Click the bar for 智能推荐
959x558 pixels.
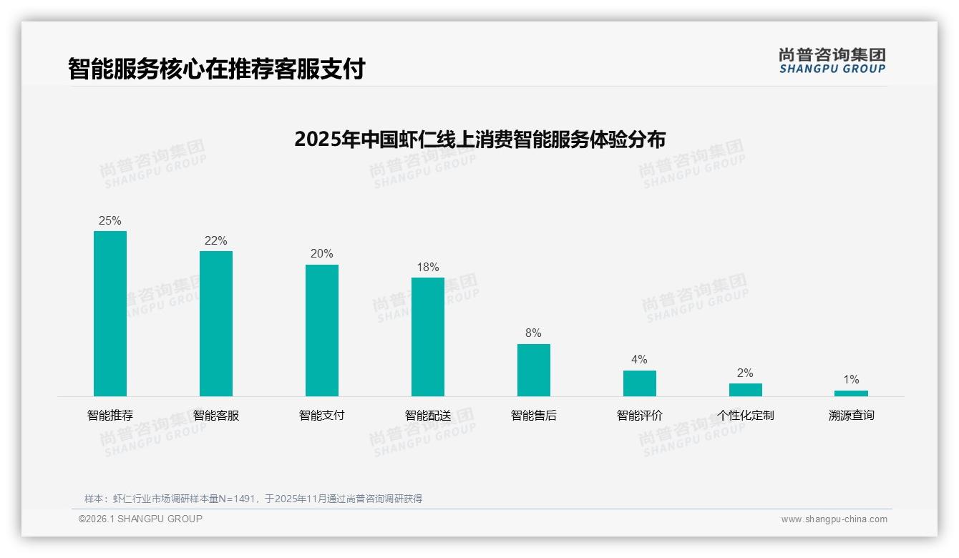click(x=110, y=313)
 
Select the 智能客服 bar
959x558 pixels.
click(x=216, y=323)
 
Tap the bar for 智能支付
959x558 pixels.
click(x=322, y=330)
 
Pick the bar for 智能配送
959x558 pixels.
click(x=428, y=336)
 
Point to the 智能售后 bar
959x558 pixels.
click(x=534, y=370)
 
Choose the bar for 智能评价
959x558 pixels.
click(x=640, y=383)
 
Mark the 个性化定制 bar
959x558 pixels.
click(x=746, y=390)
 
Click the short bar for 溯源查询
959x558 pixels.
click(x=851, y=393)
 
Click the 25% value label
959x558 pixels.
click(x=110, y=221)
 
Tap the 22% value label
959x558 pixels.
click(x=216, y=241)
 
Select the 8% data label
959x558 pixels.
click(x=534, y=333)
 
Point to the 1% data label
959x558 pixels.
click(x=851, y=380)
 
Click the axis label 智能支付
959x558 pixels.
click(x=322, y=416)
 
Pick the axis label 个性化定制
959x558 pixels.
click(x=746, y=416)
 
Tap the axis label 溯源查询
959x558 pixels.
click(x=851, y=416)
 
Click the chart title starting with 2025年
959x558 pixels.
click(x=479, y=139)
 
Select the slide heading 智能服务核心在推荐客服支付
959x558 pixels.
click(x=217, y=69)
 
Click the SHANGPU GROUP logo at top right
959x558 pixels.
click(x=832, y=61)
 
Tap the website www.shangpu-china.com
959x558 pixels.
click(x=834, y=519)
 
